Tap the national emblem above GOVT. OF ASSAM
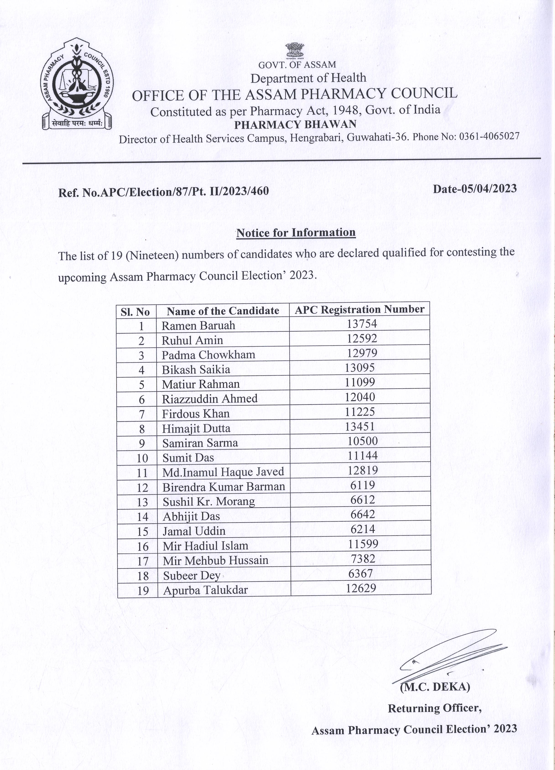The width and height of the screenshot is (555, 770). point(295,50)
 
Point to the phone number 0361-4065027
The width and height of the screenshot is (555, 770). point(489,136)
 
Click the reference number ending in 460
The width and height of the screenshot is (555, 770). point(164,191)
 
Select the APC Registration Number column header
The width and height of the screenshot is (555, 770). point(360,310)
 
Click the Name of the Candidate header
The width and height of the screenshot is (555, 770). point(223,311)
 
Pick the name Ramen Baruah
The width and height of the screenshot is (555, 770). point(198,326)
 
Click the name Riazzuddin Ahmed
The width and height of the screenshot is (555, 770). point(209,399)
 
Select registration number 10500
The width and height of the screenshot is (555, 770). point(362,441)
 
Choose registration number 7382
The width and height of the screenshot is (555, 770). point(363,559)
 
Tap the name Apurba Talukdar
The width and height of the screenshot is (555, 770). point(205,590)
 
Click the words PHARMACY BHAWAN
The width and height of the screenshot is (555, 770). point(295,125)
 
